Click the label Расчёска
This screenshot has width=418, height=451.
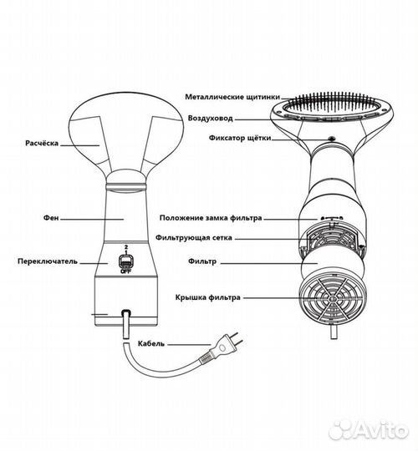(x=42, y=143)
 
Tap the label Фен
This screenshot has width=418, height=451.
(x=51, y=218)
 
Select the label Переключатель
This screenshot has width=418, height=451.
(x=48, y=261)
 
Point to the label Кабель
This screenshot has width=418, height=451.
(x=151, y=343)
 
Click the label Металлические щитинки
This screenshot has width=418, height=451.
(x=232, y=97)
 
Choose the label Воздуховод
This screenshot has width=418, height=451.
(x=210, y=119)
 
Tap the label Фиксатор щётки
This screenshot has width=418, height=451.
(x=240, y=138)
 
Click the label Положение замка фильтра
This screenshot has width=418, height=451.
(x=211, y=218)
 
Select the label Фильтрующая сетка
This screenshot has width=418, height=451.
(x=194, y=238)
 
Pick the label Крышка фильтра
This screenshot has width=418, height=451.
(x=207, y=297)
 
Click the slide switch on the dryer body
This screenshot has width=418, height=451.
(x=125, y=261)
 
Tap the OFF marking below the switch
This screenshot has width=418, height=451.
(x=125, y=271)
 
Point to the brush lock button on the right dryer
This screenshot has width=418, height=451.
(x=332, y=139)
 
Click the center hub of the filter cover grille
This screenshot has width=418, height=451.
(x=333, y=299)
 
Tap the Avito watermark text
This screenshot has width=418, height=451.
(x=369, y=430)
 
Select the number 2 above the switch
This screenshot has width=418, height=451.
(x=125, y=247)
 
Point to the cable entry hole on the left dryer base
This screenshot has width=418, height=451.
(x=125, y=312)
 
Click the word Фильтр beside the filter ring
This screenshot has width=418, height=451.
(x=202, y=261)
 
